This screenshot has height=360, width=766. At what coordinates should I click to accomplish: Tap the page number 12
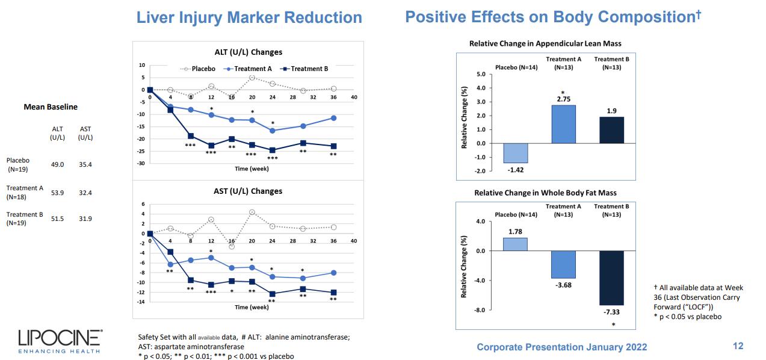[738, 346]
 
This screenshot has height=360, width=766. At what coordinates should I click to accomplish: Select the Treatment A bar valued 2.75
[563, 124]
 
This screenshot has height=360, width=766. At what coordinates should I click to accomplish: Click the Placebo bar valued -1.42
[515, 153]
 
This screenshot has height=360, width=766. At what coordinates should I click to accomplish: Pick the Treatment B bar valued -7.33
[611, 278]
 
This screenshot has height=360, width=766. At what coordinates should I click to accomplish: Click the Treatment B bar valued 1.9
[611, 130]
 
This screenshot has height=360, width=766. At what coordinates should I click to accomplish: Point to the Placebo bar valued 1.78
[515, 244]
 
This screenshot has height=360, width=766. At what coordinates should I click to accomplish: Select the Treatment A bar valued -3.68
[563, 264]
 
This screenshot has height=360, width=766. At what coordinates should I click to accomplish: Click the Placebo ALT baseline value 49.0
[57, 164]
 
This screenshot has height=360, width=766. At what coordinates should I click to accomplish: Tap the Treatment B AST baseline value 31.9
[85, 219]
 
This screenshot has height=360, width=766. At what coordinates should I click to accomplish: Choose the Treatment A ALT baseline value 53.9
[57, 193]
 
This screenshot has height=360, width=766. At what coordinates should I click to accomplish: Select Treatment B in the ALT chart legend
[305, 69]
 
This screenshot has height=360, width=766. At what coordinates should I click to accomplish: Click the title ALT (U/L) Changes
[248, 52]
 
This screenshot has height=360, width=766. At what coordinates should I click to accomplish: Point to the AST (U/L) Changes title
[248, 191]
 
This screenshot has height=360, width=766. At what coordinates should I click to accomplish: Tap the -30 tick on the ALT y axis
[141, 163]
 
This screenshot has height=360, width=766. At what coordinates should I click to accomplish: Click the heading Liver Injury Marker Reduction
[249, 17]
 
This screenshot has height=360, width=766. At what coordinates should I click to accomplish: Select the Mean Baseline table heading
[51, 107]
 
